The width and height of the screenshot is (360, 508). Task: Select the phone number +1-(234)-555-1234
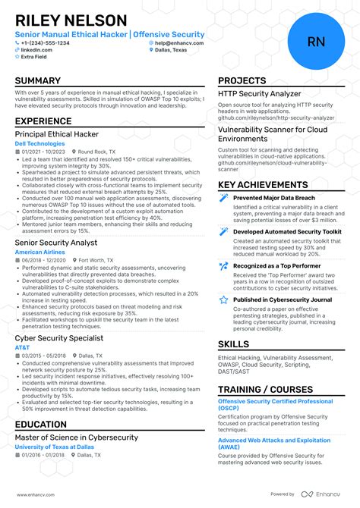click(x=47, y=43)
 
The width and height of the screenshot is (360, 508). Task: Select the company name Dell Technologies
click(x=40, y=143)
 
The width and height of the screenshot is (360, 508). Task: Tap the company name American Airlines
click(x=40, y=251)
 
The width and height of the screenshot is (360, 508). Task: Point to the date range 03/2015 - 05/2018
click(x=43, y=356)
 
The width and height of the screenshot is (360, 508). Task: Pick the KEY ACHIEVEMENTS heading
click(x=263, y=184)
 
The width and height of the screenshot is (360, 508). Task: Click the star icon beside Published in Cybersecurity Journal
click(x=224, y=299)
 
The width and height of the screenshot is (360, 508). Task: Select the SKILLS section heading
click(x=234, y=345)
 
